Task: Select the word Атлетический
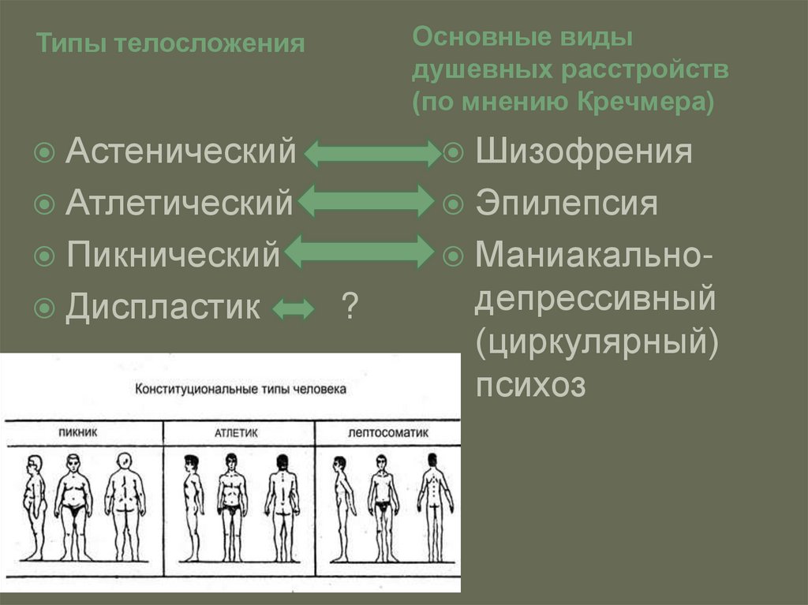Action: point(179,203)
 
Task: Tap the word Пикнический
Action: point(173,255)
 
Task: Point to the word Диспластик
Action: point(163,307)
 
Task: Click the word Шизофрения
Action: point(584,151)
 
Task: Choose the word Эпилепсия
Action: point(567,204)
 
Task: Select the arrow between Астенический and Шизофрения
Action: point(371,153)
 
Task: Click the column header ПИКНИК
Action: point(82,433)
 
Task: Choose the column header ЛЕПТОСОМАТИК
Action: point(386,433)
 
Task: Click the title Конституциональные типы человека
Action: point(241,390)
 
